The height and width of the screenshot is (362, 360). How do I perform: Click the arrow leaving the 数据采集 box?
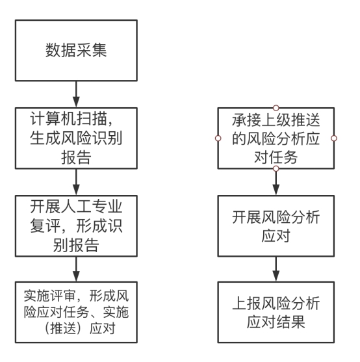point(76,94)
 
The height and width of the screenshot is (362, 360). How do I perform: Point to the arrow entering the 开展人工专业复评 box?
point(76,182)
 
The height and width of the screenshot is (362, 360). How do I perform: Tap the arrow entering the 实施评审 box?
point(76,269)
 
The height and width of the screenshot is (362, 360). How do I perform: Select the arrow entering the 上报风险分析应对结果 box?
point(276,269)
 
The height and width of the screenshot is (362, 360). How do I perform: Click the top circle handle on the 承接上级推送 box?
point(276,108)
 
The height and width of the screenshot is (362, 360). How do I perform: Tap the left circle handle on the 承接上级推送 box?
point(218,138)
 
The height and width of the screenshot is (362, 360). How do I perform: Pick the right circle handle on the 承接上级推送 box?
point(334,138)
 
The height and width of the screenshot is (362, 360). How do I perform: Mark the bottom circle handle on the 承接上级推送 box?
point(276,169)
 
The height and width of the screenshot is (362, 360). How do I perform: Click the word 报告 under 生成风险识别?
point(76,157)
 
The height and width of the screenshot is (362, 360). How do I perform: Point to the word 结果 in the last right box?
point(290,322)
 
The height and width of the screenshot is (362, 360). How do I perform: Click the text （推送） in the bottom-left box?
point(63,328)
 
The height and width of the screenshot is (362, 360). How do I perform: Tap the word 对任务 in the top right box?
point(276,157)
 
